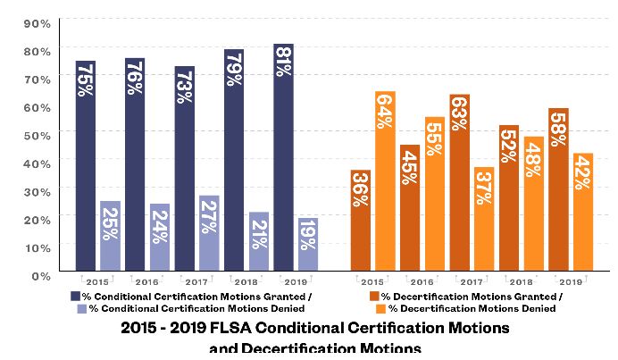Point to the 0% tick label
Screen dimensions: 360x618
point(41,275)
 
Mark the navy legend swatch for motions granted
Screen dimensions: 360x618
point(75,296)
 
